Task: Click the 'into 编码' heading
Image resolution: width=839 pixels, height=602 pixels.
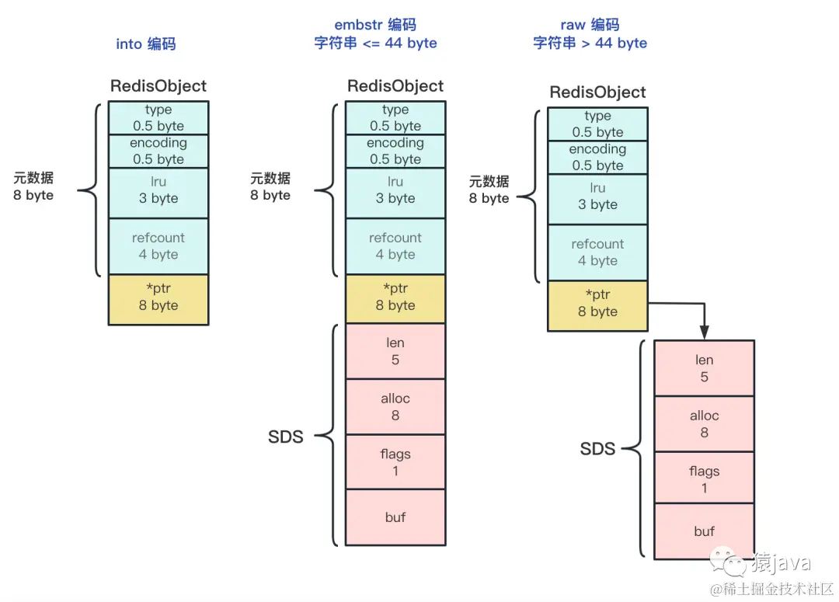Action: click(146, 43)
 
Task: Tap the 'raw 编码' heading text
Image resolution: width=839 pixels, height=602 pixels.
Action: click(590, 25)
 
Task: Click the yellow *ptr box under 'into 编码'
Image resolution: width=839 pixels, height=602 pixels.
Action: click(158, 299)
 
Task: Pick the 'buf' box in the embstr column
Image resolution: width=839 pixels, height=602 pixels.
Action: click(395, 517)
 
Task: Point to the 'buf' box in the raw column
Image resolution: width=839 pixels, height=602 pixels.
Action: click(704, 531)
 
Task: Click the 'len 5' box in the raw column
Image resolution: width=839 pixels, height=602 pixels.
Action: click(704, 368)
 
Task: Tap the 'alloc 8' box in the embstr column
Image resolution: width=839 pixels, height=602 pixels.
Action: click(395, 407)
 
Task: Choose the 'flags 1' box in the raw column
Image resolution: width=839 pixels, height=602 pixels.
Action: click(704, 479)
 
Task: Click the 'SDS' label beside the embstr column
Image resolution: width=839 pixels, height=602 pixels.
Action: click(285, 437)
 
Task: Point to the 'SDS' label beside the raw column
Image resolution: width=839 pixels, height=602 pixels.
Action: click(597, 448)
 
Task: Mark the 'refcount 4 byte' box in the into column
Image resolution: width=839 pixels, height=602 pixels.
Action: click(158, 246)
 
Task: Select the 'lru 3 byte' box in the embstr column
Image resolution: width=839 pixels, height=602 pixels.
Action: click(395, 190)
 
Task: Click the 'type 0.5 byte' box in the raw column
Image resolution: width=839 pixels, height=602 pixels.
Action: click(597, 124)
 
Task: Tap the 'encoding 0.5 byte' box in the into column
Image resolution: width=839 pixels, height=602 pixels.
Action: click(158, 151)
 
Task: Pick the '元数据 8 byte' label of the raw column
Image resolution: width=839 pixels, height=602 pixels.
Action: click(489, 190)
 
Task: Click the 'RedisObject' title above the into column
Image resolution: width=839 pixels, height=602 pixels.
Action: click(158, 85)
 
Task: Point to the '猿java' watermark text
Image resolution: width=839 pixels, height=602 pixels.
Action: click(781, 562)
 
